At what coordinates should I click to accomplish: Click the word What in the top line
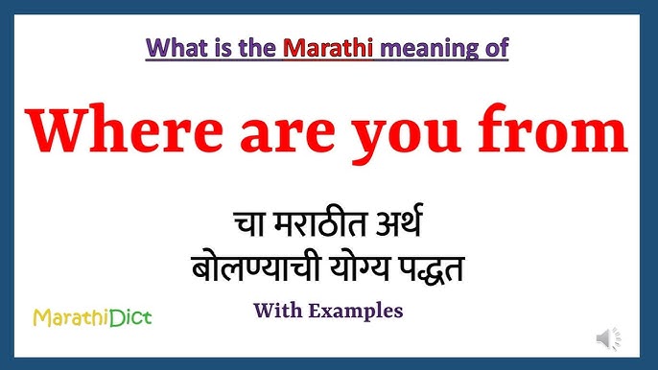[x=175, y=47]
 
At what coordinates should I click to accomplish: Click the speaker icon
[x=608, y=337]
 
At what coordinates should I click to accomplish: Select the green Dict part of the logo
[x=129, y=316]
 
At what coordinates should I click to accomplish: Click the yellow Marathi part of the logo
[x=70, y=316]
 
